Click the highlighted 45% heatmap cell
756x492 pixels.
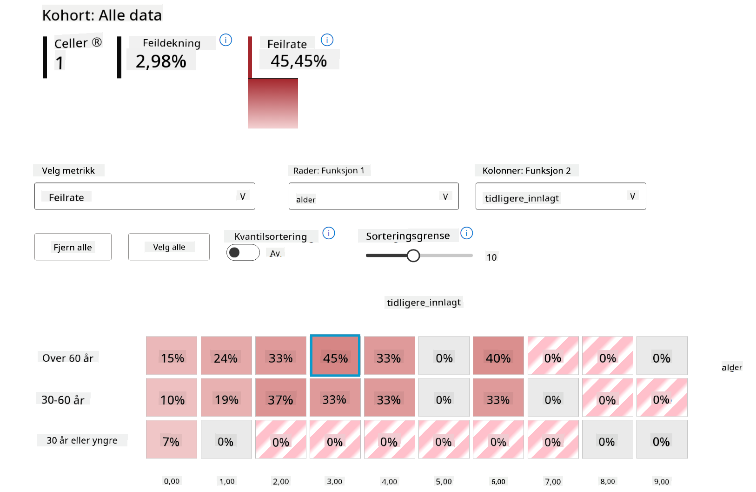coord(335,356)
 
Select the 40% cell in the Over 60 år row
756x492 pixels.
coord(498,356)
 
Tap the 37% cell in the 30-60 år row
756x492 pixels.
coord(280,398)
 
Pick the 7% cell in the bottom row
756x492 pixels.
coord(171,439)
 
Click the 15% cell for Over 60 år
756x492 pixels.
coord(172,356)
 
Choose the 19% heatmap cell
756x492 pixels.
coord(226,398)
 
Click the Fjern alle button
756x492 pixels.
coord(73,247)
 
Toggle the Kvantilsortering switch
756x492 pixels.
coord(243,252)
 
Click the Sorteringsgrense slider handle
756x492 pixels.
coord(413,256)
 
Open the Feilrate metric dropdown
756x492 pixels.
coord(145,196)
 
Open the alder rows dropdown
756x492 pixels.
coord(373,196)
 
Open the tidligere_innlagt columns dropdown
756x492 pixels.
coord(560,196)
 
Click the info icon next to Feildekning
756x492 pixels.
coord(225,40)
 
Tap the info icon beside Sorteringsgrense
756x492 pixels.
coord(466,233)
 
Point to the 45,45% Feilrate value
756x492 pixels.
coord(299,61)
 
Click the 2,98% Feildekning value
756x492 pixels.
coord(161,61)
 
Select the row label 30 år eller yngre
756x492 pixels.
coord(82,440)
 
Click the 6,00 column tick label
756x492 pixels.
coord(498,481)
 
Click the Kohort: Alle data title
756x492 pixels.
coord(102,15)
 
